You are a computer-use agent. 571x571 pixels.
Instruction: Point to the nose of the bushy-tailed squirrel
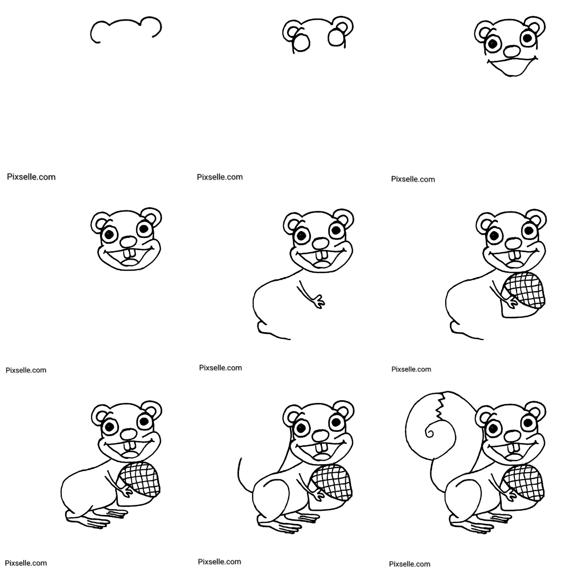[512, 436]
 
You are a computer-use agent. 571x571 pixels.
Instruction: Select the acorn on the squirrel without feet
[523, 294]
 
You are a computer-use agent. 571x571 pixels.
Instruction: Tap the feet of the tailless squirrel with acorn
[97, 518]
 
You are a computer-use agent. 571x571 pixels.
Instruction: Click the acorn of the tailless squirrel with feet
[139, 483]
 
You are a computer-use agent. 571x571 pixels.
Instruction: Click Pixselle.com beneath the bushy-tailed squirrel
[410, 564]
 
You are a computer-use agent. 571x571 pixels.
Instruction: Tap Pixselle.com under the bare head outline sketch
[31, 177]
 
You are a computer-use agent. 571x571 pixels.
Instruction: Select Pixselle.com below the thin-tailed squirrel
[219, 562]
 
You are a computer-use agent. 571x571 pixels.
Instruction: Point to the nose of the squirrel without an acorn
[321, 243]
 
